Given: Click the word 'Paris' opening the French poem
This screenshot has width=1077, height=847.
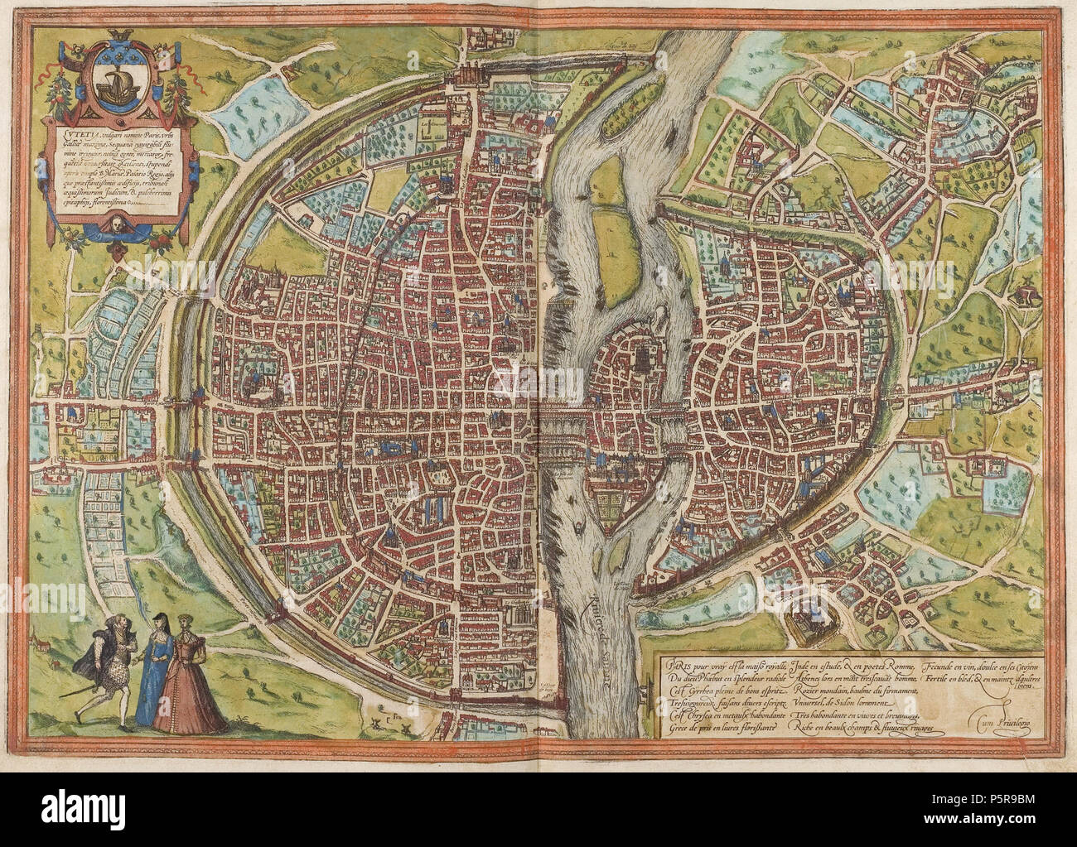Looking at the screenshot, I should pyautogui.click(x=667, y=662).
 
